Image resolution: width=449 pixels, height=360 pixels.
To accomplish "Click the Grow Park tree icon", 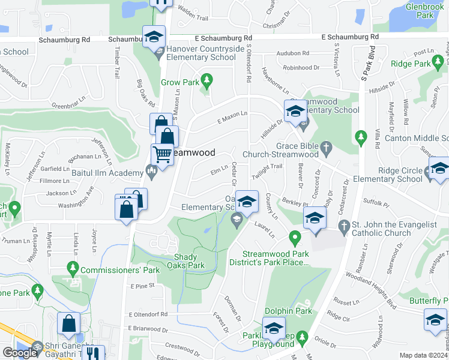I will [x=207, y=79].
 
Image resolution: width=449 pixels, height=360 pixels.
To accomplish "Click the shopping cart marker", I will [x=162, y=154].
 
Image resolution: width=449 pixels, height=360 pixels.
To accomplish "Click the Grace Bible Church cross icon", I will [x=326, y=146].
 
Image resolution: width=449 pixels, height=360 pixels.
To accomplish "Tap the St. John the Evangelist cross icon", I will [x=344, y=226].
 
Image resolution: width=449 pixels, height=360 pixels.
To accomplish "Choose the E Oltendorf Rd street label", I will [x=148, y=314].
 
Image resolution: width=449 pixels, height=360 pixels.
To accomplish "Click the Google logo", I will [x=19, y=353].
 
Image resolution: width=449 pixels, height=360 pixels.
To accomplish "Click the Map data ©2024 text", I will [x=423, y=355].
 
